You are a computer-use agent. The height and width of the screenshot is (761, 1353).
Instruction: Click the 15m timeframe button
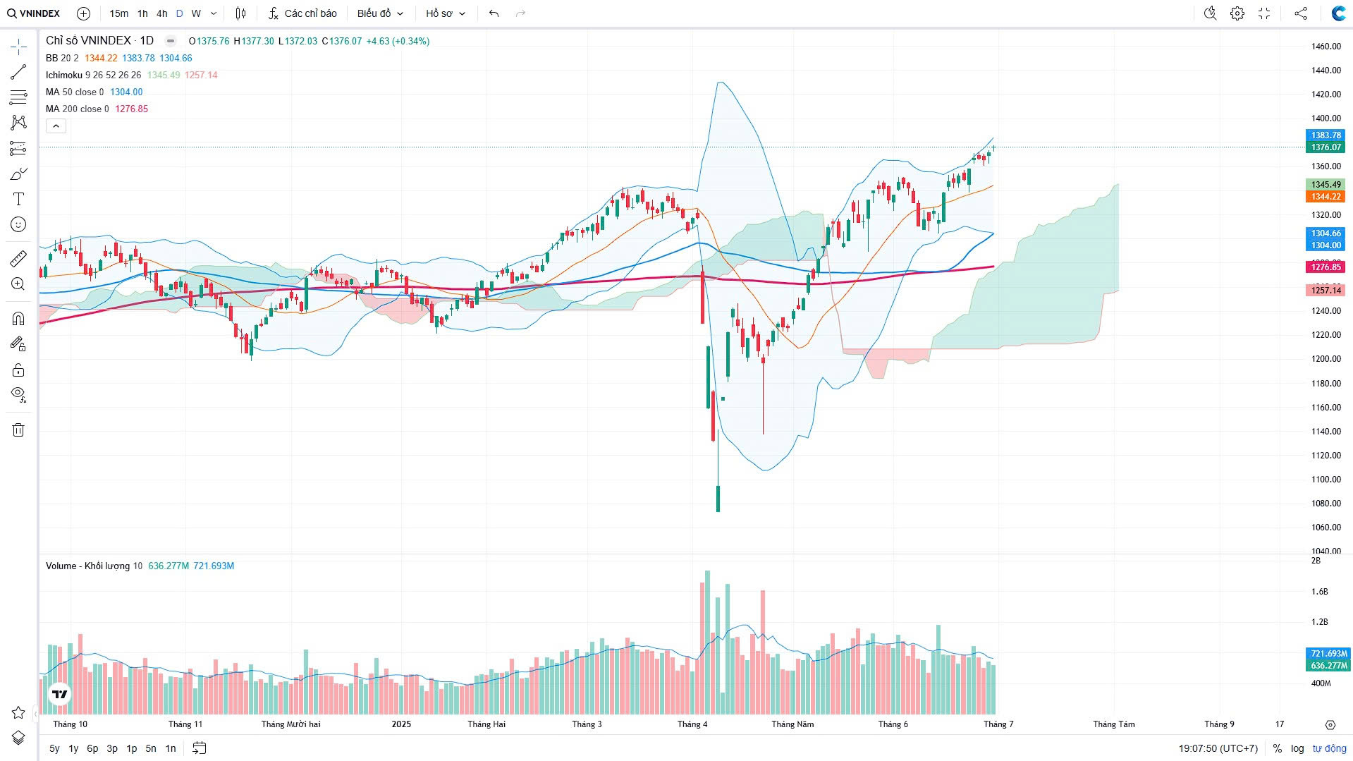coord(118,13)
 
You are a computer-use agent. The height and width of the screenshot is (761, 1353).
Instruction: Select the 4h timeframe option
coord(161,13)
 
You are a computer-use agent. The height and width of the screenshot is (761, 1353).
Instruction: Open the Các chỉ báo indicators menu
coord(302,13)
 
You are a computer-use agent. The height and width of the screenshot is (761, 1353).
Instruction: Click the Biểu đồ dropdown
coord(380,13)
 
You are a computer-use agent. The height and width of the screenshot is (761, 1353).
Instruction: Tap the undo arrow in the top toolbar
coord(494,13)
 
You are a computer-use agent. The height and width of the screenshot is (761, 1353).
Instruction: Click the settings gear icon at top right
coord(1237,13)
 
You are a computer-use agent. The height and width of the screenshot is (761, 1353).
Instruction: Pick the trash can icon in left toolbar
coord(18,430)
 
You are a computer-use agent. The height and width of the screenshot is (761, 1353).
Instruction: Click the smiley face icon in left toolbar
coord(18,224)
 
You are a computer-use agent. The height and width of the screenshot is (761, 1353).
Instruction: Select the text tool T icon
coord(18,199)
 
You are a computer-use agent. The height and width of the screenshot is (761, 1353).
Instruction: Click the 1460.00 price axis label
coord(1326,47)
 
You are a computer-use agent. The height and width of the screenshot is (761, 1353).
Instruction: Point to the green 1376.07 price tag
coord(1326,147)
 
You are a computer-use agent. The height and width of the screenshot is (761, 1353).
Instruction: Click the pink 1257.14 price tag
coord(1326,291)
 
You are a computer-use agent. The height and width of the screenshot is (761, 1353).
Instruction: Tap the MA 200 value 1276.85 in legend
coord(131,109)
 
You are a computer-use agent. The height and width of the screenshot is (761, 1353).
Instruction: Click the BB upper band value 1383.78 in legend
coord(138,58)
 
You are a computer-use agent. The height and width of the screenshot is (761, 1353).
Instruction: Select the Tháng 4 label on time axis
coord(692,724)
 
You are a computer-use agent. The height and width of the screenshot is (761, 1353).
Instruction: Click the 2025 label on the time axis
coord(401,724)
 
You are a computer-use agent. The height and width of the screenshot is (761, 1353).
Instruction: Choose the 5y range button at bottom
coord(54,748)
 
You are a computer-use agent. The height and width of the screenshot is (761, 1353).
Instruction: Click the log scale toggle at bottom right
coord(1297,748)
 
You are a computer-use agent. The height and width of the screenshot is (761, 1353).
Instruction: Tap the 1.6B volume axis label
coord(1319,592)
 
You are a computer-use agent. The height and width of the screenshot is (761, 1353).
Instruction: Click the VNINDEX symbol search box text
coord(39,13)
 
